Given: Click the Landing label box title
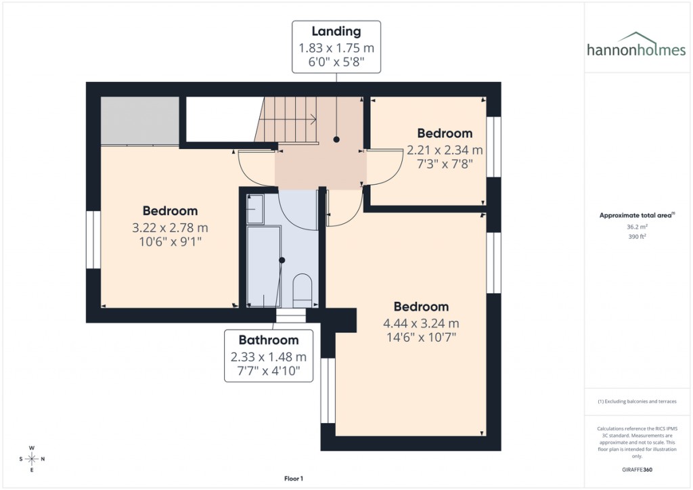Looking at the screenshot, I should point(336,31).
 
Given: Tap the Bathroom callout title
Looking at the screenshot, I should point(269,340).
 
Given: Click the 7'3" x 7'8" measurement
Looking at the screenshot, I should point(445,163).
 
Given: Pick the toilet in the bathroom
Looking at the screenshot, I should point(302,289).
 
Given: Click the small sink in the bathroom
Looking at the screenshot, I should point(255,210).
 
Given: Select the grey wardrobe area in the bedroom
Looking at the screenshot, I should point(139,120).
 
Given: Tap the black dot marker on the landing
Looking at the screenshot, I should point(336,139).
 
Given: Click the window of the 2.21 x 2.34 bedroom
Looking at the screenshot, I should point(494,147).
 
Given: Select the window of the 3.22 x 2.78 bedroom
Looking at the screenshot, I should point(93,240).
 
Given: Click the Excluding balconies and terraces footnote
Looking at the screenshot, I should point(636,401).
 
